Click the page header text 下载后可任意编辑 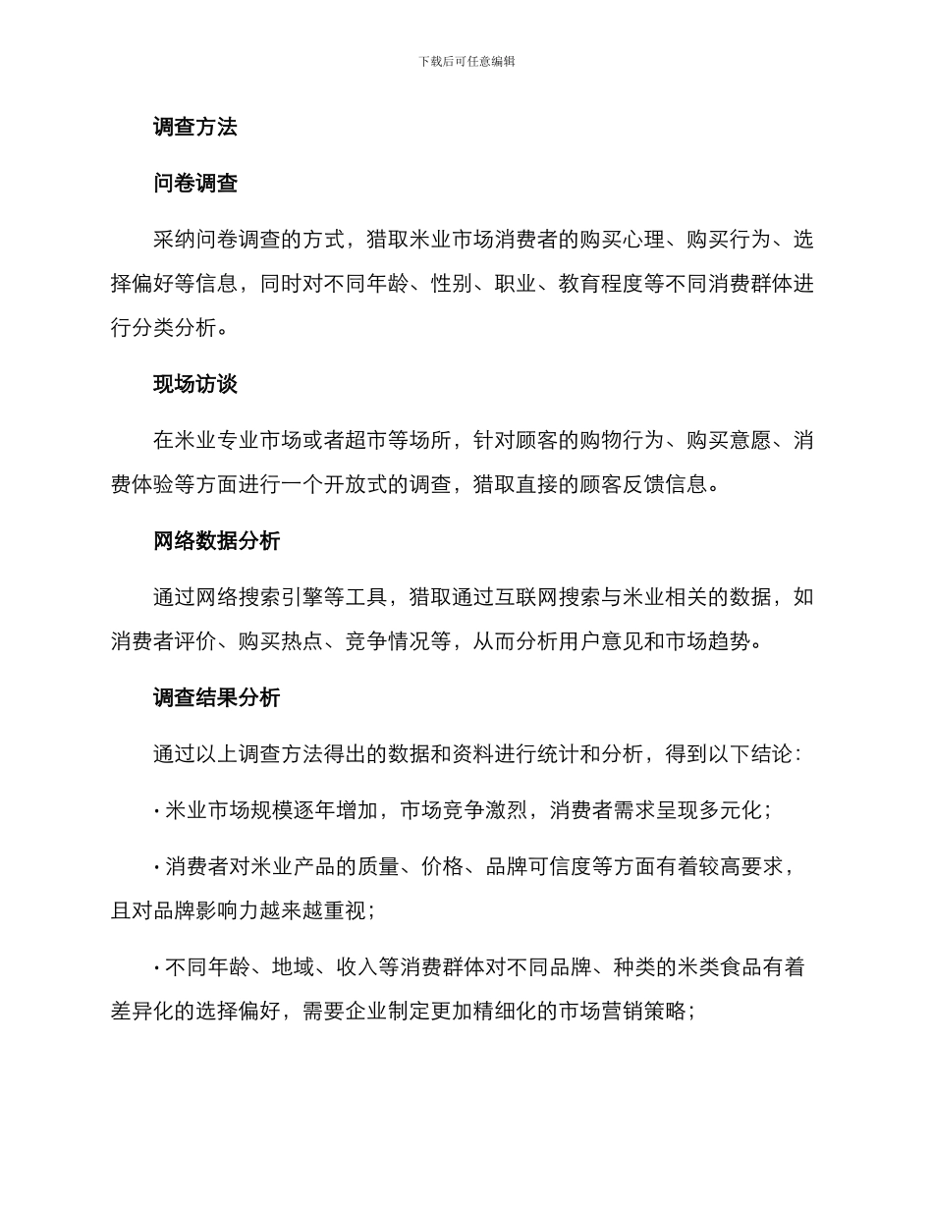pyautogui.click(x=466, y=61)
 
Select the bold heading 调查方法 pyautogui.click(x=195, y=127)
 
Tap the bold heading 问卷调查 pyautogui.click(x=195, y=183)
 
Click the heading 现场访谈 pyautogui.click(x=195, y=384)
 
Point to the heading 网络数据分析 pyautogui.click(x=217, y=540)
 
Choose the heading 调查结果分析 pyautogui.click(x=217, y=697)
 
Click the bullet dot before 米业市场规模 pyautogui.click(x=157, y=811)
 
